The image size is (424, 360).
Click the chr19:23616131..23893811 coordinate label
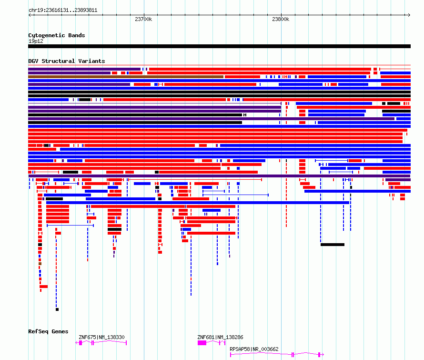[x=63, y=10]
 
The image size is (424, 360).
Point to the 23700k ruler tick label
[x=143, y=19]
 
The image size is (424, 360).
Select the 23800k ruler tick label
[x=281, y=19]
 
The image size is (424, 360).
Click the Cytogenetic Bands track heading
[x=57, y=35]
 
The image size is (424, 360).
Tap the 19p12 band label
[x=36, y=41]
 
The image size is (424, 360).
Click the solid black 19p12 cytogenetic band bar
[x=219, y=46]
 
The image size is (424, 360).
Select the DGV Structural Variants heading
[x=67, y=61]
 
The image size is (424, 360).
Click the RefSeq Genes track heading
[x=48, y=331]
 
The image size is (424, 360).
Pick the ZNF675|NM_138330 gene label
[x=101, y=337]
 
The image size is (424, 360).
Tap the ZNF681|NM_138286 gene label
[x=220, y=337]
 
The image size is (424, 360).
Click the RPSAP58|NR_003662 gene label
[x=254, y=349]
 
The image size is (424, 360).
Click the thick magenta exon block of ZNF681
[x=202, y=343]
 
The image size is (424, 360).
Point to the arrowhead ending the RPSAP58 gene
[x=323, y=354]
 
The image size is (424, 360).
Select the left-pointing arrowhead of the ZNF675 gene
[x=77, y=343]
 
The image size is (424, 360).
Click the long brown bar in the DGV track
[x=126, y=77]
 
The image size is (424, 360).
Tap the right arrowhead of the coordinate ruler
[x=409, y=15]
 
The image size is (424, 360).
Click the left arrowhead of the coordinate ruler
[x=30, y=15]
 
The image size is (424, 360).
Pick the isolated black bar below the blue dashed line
[x=333, y=245]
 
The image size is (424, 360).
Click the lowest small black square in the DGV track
[x=57, y=309]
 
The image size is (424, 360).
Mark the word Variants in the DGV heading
[x=91, y=61]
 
